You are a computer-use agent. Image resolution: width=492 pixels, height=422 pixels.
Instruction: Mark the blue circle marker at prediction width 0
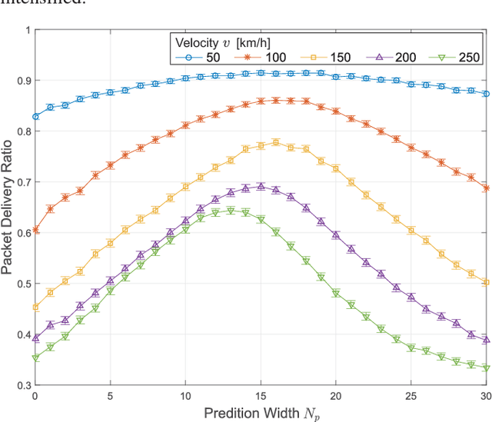tap(35, 117)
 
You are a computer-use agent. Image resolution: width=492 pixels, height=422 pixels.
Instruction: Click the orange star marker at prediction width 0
tap(35, 230)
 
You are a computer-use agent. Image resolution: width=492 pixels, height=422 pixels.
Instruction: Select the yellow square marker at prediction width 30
tap(485, 282)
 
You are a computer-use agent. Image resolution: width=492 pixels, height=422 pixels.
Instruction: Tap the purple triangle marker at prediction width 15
tap(261, 187)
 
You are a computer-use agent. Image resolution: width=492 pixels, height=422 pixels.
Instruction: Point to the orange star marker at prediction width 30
tap(485, 188)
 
